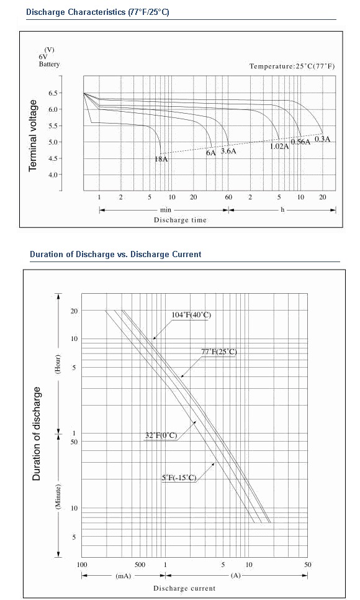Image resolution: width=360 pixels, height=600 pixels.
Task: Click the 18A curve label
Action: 161,159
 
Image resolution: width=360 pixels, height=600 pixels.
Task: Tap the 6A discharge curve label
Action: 211,153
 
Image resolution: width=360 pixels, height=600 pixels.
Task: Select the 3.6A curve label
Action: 228,151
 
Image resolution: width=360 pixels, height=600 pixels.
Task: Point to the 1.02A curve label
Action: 280,146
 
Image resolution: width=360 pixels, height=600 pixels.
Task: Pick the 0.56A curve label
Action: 300,142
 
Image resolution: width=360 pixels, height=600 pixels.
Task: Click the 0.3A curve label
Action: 322,139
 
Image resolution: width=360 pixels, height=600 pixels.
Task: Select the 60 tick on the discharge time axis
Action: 228,197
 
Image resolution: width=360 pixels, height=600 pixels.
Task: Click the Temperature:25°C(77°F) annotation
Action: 292,66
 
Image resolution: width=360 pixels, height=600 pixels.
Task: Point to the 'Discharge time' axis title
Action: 180,220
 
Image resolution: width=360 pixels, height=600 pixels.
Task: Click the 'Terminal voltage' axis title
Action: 34,135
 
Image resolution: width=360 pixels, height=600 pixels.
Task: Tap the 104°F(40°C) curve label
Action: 191,315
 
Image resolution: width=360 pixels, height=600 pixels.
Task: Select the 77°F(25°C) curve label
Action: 219,352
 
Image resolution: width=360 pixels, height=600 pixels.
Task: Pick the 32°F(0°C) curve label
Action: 161,435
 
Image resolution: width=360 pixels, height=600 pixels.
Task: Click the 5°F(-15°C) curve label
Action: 179,478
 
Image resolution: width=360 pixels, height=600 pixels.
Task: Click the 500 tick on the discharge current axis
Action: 140,565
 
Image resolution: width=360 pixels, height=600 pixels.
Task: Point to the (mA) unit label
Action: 123,576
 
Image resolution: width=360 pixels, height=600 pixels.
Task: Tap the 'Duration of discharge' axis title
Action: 37,434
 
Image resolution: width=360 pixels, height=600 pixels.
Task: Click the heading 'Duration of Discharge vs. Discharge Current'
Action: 115,254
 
